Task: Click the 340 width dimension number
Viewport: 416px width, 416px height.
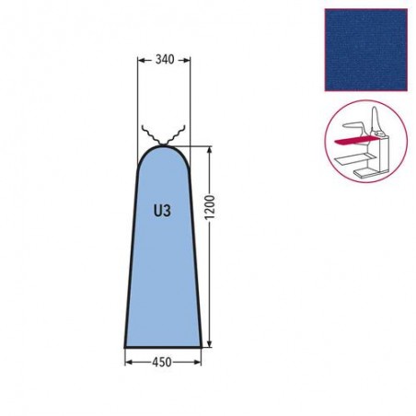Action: (165, 59)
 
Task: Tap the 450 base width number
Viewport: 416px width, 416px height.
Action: (162, 363)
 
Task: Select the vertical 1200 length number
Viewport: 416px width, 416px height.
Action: (210, 207)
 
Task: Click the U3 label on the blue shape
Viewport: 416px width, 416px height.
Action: (162, 211)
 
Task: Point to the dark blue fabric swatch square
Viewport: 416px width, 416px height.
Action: (366, 50)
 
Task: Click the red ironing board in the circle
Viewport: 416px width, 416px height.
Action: (355, 141)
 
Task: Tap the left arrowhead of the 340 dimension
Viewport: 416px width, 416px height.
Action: (141, 61)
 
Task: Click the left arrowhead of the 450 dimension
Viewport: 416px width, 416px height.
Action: (129, 363)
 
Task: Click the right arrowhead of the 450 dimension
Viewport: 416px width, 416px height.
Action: (198, 363)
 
